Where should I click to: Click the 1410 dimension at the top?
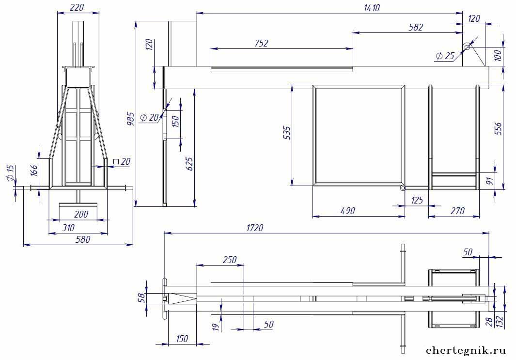click(x=372, y=8)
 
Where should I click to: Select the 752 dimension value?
click(x=262, y=44)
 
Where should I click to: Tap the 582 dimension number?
click(x=416, y=27)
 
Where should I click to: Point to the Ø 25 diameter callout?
click(x=445, y=56)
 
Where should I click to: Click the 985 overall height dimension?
click(x=131, y=119)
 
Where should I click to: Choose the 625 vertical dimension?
click(x=190, y=164)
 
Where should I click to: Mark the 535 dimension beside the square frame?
click(x=287, y=133)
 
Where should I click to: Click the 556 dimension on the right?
click(x=498, y=129)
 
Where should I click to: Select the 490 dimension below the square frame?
click(x=347, y=211)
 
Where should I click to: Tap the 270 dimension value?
click(x=457, y=211)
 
